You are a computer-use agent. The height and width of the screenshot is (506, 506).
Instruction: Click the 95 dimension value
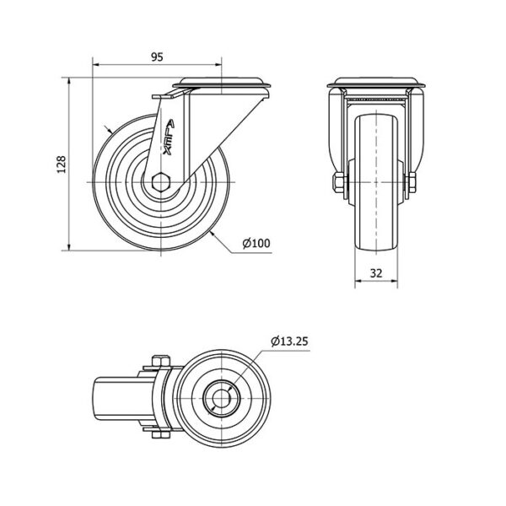(x=157, y=57)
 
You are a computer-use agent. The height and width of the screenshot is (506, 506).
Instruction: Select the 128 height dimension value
(x=62, y=164)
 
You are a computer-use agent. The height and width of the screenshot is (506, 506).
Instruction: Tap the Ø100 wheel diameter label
(x=256, y=244)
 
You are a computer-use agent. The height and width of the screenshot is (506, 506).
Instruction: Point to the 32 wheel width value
(x=376, y=273)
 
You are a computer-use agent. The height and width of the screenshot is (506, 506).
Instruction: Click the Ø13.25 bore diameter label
(x=290, y=341)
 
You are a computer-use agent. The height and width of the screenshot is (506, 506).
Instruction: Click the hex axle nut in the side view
(x=160, y=182)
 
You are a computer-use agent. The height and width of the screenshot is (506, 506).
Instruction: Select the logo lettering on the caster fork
(x=169, y=137)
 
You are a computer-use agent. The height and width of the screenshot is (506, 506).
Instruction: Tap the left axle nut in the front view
(x=339, y=183)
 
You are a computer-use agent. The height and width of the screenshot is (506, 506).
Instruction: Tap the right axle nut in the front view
(x=412, y=183)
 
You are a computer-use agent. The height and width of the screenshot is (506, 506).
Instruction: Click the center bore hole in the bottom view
(x=221, y=399)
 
